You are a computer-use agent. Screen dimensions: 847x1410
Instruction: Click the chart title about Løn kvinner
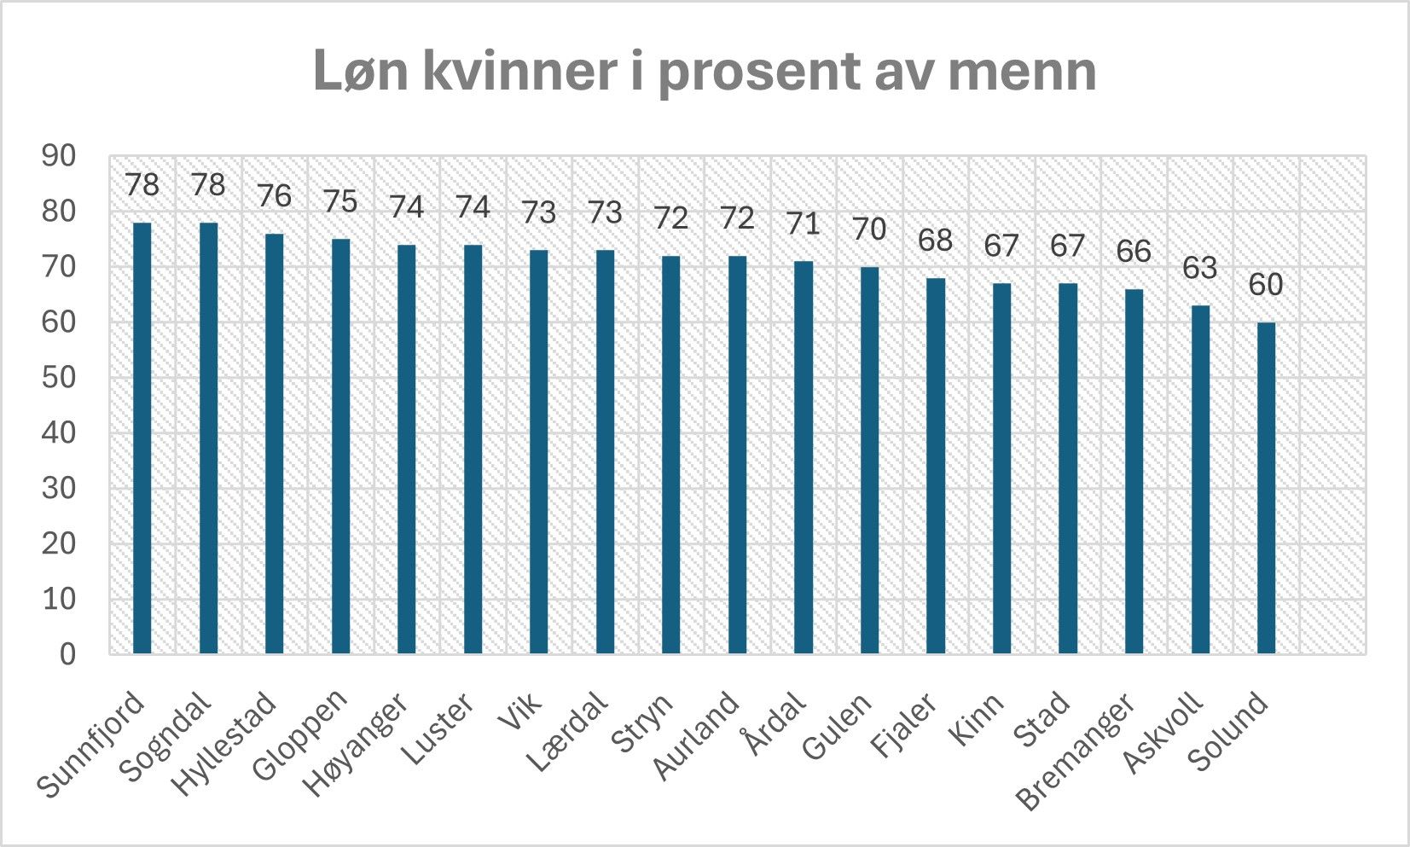tap(705, 70)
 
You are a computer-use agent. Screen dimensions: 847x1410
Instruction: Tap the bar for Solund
tap(1266, 488)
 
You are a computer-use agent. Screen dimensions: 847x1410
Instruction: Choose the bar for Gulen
tap(869, 461)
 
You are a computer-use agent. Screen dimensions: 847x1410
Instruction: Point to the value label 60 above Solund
tap(1266, 285)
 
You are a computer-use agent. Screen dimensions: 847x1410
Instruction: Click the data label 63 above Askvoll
tap(1200, 268)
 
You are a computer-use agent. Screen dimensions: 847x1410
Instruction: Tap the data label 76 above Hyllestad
tap(274, 196)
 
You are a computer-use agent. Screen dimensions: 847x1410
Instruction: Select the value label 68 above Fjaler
tap(935, 241)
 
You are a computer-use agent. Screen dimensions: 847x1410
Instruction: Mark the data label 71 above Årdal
tap(803, 223)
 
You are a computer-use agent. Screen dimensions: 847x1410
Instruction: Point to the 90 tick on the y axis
tap(59, 156)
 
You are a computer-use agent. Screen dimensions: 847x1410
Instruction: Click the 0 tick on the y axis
tap(67, 654)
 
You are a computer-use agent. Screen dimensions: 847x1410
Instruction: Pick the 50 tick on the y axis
tap(59, 378)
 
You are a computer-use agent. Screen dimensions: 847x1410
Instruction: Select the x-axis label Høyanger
tap(358, 744)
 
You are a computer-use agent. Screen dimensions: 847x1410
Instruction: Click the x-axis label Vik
tap(520, 713)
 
